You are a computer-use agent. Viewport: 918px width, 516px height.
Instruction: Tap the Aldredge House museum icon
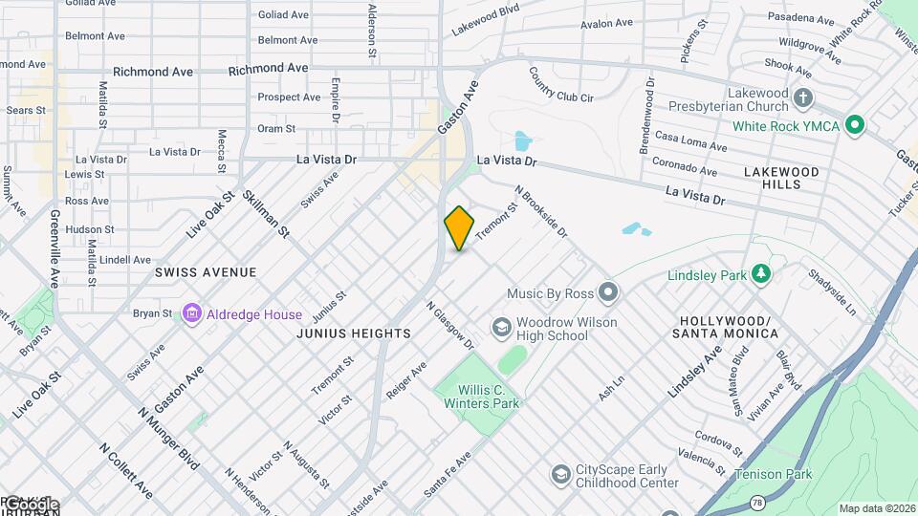point(191,313)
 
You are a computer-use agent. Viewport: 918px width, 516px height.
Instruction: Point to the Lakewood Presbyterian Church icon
point(803,98)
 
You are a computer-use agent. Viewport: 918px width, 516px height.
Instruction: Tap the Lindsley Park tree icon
point(761,275)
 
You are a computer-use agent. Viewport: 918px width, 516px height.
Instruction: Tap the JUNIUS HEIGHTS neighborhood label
point(354,333)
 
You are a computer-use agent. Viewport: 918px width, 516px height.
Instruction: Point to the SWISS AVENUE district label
point(206,272)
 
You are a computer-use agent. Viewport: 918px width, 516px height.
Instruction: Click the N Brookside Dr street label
point(541,212)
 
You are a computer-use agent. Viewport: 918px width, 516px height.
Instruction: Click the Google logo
point(31,504)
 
